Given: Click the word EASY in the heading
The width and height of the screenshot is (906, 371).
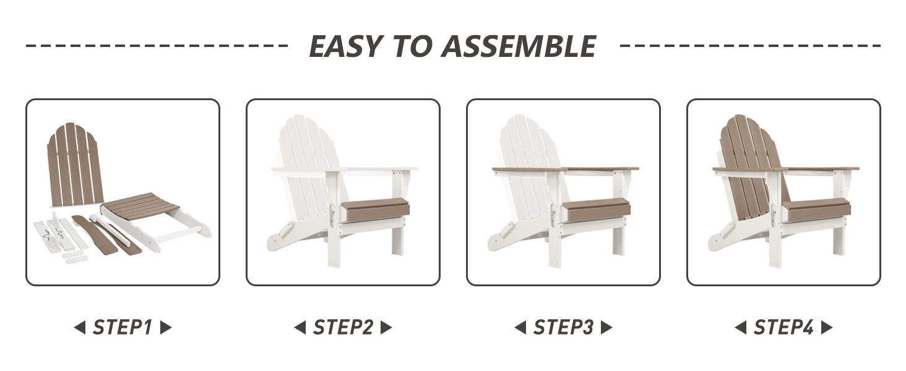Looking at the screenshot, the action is click(346, 46).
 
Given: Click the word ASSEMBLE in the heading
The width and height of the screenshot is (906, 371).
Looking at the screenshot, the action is click(519, 46).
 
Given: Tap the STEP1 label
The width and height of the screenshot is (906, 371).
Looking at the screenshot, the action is click(123, 327).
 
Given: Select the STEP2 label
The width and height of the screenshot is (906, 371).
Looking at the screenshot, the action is click(343, 327).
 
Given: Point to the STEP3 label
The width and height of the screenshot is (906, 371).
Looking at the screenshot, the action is click(563, 327).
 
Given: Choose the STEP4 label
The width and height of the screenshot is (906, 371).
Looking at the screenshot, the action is click(783, 327).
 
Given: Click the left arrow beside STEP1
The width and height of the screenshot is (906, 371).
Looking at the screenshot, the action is click(80, 327).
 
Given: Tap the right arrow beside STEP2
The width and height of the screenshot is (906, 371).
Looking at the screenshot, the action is click(386, 327).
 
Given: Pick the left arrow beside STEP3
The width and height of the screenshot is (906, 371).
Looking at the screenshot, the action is click(520, 327).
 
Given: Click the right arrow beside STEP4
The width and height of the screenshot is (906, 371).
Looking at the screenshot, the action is click(827, 327).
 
